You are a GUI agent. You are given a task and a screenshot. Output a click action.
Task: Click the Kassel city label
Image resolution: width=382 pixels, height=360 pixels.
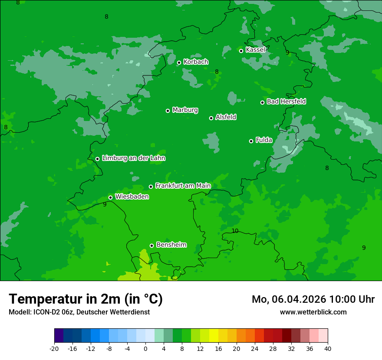tap(255, 50)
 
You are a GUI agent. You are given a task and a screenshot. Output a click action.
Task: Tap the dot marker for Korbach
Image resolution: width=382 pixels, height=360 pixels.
tap(179, 62)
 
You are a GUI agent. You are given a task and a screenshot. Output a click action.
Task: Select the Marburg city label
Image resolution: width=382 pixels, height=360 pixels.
tap(185, 110)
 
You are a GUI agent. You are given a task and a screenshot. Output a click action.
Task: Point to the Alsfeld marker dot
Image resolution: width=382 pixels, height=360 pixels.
tap(211, 118)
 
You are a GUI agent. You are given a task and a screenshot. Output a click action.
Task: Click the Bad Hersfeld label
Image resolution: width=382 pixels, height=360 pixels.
tap(286, 101)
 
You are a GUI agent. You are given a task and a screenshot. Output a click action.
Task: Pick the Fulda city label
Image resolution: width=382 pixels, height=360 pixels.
tap(264, 140)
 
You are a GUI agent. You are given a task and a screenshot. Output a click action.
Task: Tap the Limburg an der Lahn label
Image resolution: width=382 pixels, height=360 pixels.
tap(133, 158)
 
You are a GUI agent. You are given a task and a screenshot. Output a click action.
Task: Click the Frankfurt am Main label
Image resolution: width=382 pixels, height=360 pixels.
tap(183, 186)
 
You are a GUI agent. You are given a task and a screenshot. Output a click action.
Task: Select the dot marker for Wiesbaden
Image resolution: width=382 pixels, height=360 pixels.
tap(110, 197)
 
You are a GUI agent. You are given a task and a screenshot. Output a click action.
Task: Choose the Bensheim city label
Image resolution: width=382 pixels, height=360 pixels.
tap(171, 245)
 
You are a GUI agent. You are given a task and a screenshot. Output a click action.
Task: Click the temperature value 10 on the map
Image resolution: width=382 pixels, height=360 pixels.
tap(235, 231)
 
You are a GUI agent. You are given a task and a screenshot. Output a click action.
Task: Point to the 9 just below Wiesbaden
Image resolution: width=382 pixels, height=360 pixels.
tap(105, 204)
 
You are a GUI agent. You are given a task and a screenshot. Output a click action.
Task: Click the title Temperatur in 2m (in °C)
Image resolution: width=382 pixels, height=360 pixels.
tap(86, 299)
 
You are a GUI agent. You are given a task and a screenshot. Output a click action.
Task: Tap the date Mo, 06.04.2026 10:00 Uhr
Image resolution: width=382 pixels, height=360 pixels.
tap(313, 299)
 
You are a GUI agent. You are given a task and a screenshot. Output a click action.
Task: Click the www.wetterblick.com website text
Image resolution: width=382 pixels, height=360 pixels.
tap(313, 312)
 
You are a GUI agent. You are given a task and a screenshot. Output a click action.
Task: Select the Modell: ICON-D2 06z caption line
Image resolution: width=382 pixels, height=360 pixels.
tap(79, 312)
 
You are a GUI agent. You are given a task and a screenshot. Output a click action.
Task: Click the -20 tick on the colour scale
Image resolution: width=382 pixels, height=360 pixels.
tap(54, 348)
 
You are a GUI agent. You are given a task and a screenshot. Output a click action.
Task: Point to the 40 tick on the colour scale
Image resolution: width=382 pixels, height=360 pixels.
tap(327, 348)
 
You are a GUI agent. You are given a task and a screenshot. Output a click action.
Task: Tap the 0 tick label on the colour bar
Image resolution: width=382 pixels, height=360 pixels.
tap(145, 348)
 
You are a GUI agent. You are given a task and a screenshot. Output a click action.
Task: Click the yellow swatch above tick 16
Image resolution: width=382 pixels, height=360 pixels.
tap(214, 336)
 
